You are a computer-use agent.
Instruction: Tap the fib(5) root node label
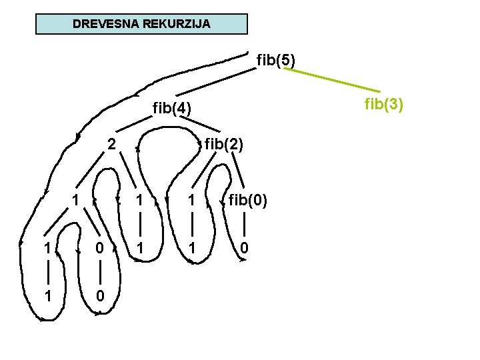[276, 61]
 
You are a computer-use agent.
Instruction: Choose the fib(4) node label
[172, 107]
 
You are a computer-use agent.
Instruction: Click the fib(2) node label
[224, 144]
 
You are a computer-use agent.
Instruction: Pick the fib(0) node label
[248, 200]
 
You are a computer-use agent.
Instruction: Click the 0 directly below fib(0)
[245, 248]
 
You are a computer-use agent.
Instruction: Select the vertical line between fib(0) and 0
[245, 224]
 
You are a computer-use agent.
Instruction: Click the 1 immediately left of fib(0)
[191, 200]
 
